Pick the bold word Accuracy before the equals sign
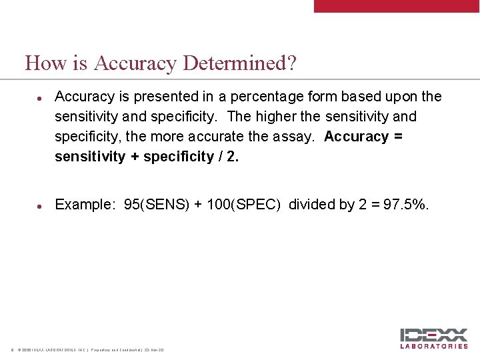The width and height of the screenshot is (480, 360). pos(356,137)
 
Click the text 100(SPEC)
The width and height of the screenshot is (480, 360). pos(244,205)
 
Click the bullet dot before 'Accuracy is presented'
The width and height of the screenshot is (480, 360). pos(40,97)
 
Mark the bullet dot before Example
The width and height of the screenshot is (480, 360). pos(40,205)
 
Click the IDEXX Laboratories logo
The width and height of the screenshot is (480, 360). pos(434,338)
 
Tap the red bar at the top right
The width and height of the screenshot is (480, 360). pos(397,6)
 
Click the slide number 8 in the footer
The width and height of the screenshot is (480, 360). pos(11,350)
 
